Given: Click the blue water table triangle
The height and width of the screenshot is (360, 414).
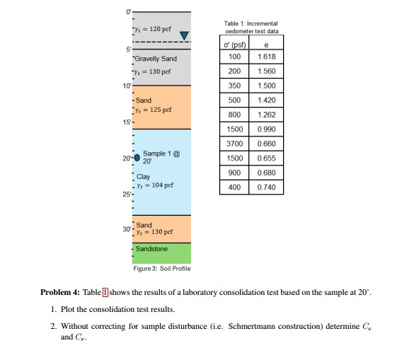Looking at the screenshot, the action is [x=185, y=36].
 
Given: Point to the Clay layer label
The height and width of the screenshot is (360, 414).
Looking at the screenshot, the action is [x=144, y=177].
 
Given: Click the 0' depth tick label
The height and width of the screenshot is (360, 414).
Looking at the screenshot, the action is [x=127, y=11].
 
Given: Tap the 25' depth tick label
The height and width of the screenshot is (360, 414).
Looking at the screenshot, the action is [x=126, y=194].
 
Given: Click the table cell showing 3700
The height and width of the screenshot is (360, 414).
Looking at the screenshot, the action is [x=234, y=144].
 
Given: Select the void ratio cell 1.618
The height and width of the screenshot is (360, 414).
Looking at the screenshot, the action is [x=267, y=57].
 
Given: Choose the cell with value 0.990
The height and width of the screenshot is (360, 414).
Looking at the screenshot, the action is [x=267, y=129].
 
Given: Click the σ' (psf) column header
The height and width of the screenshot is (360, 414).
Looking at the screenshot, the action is [x=234, y=45].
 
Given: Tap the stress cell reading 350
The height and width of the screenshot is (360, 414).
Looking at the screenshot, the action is [x=234, y=86].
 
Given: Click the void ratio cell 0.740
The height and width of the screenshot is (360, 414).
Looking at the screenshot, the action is [x=267, y=187].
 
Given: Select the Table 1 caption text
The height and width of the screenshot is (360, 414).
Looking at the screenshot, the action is [x=251, y=27].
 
